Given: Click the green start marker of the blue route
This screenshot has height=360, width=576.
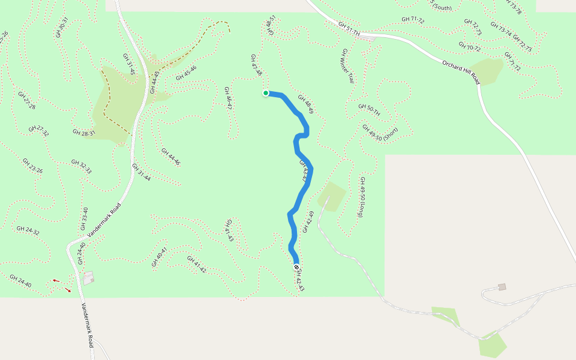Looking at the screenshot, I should (266, 93).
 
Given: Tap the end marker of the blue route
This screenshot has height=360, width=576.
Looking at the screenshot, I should (296, 266).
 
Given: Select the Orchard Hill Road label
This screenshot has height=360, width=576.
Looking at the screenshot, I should (461, 72).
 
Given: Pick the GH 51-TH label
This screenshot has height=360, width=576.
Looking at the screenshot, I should (349, 28).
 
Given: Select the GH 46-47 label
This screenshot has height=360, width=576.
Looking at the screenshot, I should (228, 98).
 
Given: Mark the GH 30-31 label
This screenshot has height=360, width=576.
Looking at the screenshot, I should (62, 27).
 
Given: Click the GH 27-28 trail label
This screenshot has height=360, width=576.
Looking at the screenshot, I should (26, 100).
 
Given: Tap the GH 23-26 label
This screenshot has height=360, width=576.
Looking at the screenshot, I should (32, 166).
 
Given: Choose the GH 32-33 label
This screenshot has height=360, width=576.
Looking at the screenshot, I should (81, 166).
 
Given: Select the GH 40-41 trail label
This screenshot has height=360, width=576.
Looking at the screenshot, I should (160, 256).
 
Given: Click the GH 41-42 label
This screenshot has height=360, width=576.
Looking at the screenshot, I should (196, 265).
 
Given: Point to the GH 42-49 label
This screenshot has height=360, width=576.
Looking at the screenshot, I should (308, 222).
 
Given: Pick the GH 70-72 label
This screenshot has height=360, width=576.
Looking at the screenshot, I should (470, 47).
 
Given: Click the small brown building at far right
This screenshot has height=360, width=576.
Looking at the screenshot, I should (502, 287).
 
